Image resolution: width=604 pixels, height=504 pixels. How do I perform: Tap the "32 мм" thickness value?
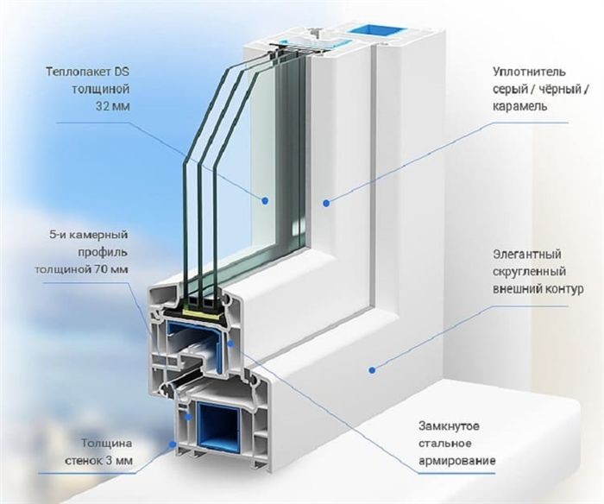[112, 106]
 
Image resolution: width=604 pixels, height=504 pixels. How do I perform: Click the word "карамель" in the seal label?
[520, 106]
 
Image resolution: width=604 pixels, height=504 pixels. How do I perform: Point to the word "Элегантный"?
[527, 255]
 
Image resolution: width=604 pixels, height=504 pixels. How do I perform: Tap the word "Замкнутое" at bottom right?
[450, 426]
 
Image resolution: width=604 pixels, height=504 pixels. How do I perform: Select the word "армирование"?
[457, 461]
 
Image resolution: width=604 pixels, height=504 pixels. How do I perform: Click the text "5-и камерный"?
[88, 235]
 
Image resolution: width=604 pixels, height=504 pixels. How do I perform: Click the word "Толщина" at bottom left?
[106, 444]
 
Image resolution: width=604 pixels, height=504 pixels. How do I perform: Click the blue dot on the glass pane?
[265, 200]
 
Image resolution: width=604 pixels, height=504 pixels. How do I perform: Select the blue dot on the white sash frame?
[326, 203]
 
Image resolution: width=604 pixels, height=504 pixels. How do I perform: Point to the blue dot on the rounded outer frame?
[372, 370]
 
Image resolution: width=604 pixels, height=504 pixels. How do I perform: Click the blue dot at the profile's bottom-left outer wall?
[172, 444]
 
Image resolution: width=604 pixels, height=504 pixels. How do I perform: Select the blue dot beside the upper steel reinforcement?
[230, 343]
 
